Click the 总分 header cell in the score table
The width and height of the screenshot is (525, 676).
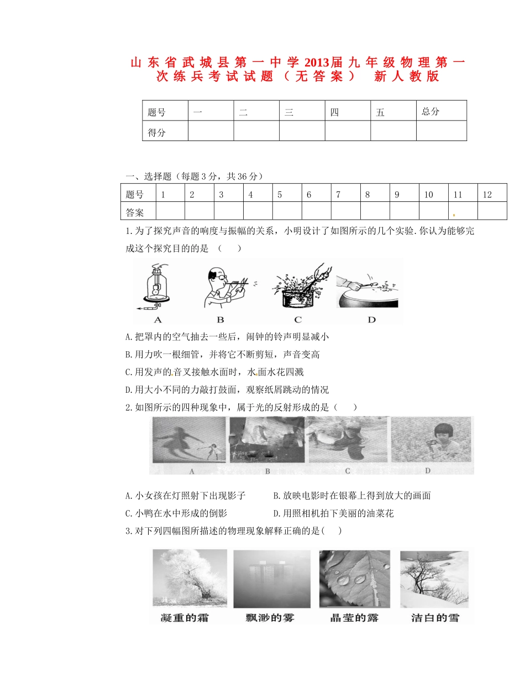[x=431, y=111]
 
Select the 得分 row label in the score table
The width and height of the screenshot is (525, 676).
[x=157, y=132]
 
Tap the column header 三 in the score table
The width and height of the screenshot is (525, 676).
[x=288, y=112]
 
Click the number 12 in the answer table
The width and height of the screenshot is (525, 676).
[x=487, y=195]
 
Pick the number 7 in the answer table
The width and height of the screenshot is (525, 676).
[x=338, y=195]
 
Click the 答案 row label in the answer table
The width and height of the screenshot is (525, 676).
[x=135, y=212]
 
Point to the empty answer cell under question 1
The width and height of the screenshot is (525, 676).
[x=170, y=212]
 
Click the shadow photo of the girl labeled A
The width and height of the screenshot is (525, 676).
[x=188, y=440]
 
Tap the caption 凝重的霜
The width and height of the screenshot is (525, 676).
[x=185, y=617]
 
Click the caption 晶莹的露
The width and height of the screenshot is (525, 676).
[x=354, y=617]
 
